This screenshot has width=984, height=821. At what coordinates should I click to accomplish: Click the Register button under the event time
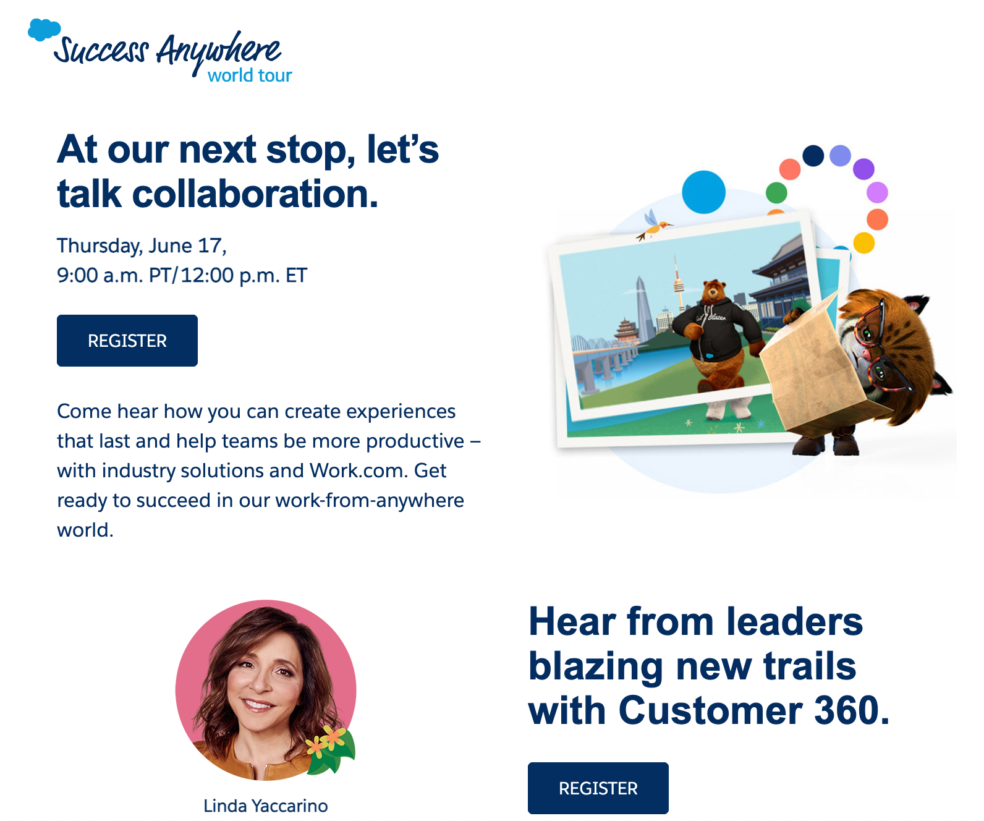[x=127, y=340]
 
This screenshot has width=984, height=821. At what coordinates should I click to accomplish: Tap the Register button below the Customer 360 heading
[x=598, y=788]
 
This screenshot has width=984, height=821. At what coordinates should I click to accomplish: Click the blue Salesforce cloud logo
[x=44, y=30]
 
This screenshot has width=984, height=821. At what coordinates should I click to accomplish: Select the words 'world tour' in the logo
[x=250, y=75]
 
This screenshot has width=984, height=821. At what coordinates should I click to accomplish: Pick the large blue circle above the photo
[x=703, y=192]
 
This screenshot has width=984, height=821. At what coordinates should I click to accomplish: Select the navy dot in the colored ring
[x=813, y=156]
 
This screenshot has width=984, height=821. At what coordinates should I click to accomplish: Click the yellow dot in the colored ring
[x=864, y=243]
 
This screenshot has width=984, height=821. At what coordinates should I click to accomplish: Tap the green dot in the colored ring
[x=776, y=193]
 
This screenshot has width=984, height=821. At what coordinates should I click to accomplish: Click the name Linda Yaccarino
[x=265, y=806]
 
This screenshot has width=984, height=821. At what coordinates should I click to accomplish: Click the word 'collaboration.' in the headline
[x=255, y=194]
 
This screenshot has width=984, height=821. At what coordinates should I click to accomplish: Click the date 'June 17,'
[x=187, y=246]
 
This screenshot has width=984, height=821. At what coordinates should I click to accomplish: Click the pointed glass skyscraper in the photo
[x=644, y=307]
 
